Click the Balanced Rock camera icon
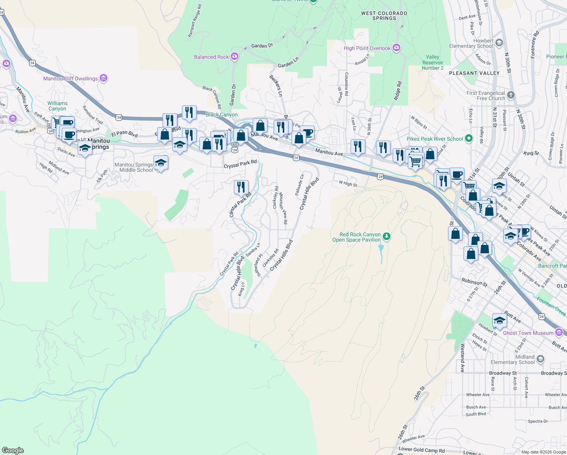[235, 57]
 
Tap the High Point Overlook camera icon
[396, 48]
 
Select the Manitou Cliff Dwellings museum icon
[103, 78]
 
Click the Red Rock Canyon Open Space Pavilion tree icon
[386, 237]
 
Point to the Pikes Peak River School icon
[469, 139]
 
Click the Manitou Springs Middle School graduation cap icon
[161, 163]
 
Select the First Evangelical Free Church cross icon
[511, 95]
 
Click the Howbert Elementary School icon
[499, 43]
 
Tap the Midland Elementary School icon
[540, 359]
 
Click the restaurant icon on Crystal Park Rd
[241, 187]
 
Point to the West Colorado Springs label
[384, 16]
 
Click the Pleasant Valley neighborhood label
[474, 73]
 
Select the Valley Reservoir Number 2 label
[432, 63]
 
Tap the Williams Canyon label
[57, 106]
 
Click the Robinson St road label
[475, 282]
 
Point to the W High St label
[348, 184]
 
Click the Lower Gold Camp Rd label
[421, 450]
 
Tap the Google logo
[13, 450]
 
